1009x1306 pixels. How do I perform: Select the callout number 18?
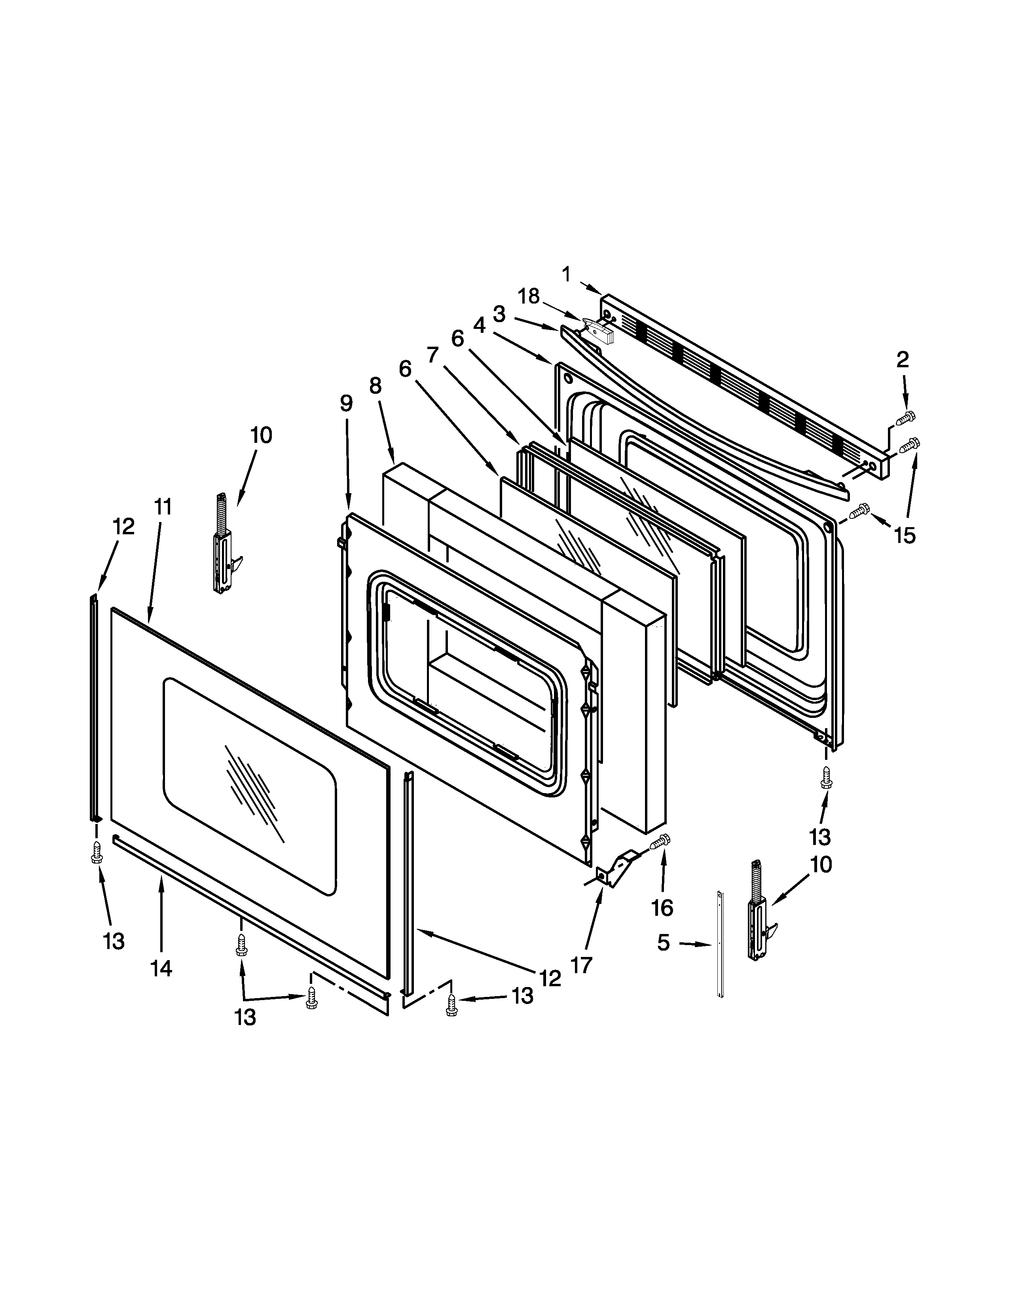click(528, 296)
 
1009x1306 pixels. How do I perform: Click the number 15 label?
click(905, 536)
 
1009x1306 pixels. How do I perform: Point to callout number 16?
click(662, 908)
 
